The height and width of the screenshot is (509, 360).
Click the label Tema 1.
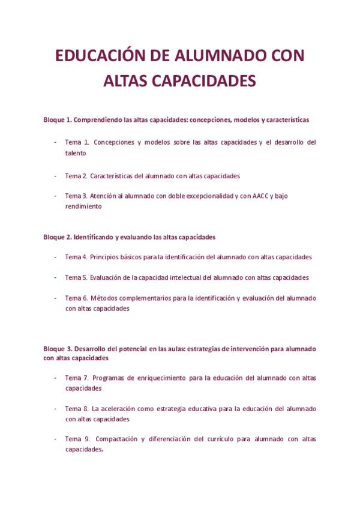pos(77,142)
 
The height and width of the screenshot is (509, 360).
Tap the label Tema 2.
pos(76,176)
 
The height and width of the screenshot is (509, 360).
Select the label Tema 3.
pos(76,196)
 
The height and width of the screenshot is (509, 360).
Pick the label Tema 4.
pos(76,257)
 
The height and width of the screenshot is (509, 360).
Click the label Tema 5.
pos(76,277)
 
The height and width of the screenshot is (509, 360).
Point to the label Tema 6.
pos(76,298)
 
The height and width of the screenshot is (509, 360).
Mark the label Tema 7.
pos(77,378)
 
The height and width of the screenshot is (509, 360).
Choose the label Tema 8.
pos(77,409)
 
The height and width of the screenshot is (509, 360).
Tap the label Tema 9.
pos(77,439)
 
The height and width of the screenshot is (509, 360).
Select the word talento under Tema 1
pos(76,153)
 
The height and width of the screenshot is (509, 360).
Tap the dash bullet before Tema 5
pos(55,277)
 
